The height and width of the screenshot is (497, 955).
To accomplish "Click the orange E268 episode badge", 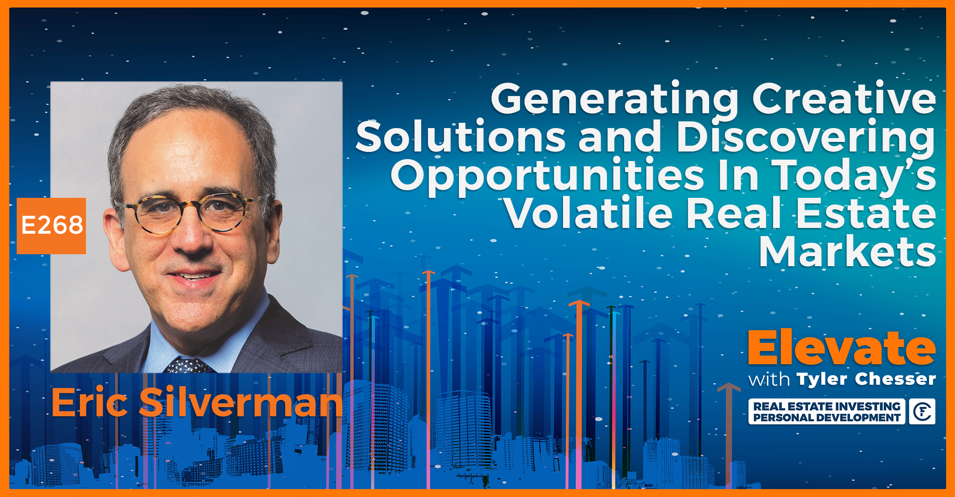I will tap(52, 226).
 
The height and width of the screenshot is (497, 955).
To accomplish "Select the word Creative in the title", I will tap(844, 99).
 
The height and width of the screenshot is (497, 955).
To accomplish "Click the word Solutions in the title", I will tap(461, 138).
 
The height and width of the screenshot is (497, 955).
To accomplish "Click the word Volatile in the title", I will tap(588, 214).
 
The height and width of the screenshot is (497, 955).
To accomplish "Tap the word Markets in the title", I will tap(847, 252).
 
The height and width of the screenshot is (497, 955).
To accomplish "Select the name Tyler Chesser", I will tap(866, 379).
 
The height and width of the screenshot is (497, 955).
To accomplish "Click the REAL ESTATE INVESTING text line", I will tap(827, 406).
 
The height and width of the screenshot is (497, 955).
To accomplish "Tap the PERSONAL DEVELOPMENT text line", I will tap(827, 418).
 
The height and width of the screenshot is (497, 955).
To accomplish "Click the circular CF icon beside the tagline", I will tap(922, 411).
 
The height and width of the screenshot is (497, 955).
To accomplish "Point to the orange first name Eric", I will tap(89, 403).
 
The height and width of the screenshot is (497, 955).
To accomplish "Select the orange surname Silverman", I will tap(241, 403).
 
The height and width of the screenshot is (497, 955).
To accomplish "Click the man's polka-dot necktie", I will tap(187, 366).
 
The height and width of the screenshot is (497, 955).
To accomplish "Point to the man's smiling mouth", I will tap(193, 276).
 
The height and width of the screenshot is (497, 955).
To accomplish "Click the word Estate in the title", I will tap(866, 214).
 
